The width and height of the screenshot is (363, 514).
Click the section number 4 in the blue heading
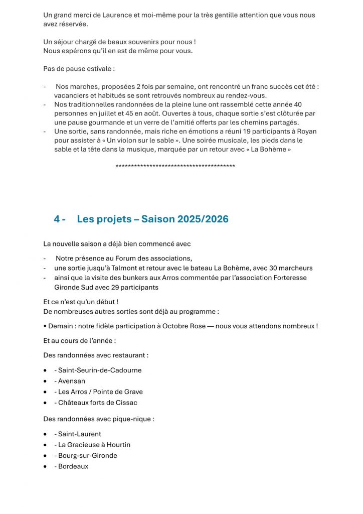[x=57, y=219]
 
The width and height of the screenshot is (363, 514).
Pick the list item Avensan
[x=72, y=381]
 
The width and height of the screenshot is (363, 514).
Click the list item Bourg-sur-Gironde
[x=88, y=455]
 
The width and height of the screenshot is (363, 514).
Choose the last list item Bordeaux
[x=73, y=466]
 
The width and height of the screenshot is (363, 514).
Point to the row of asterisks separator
[x=175, y=166]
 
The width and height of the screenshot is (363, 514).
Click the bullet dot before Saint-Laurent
[x=45, y=434]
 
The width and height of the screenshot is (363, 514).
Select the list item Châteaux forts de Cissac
[x=98, y=403]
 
